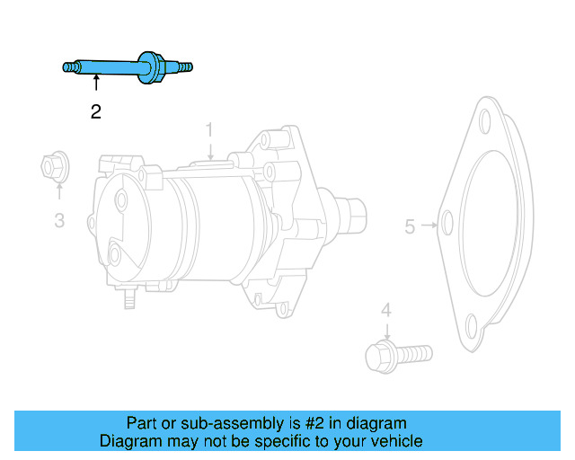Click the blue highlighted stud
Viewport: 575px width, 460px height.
tap(108, 66)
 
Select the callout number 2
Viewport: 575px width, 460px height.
tap(95, 112)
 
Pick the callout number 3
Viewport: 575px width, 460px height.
tap(59, 219)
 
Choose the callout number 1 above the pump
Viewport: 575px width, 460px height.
tap(209, 129)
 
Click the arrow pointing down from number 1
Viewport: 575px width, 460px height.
tap(209, 151)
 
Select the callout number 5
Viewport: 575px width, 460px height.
tap(410, 226)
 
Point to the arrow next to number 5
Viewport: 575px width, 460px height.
tap(429, 226)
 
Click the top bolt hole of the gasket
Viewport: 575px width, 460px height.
tap(485, 123)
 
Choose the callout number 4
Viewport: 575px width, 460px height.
tap(386, 310)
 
